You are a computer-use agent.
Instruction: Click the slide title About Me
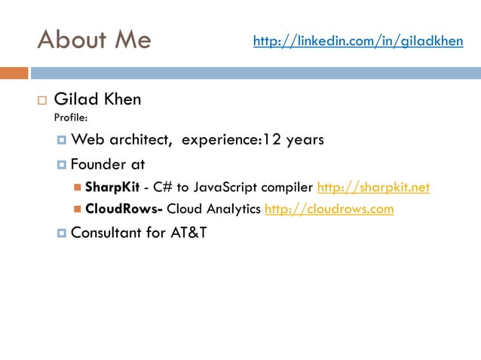(x=93, y=39)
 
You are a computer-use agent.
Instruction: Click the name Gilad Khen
(x=97, y=99)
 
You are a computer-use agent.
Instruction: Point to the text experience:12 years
(x=253, y=140)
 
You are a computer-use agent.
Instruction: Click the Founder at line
(x=107, y=164)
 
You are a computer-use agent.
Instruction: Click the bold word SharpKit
(x=112, y=188)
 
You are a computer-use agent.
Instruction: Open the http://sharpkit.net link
(x=373, y=188)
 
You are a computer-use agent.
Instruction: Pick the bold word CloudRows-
(x=124, y=209)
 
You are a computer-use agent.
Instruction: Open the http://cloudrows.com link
(x=329, y=209)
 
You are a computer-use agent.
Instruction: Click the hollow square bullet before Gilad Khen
(x=41, y=100)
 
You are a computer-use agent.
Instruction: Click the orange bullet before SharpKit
(x=78, y=188)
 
